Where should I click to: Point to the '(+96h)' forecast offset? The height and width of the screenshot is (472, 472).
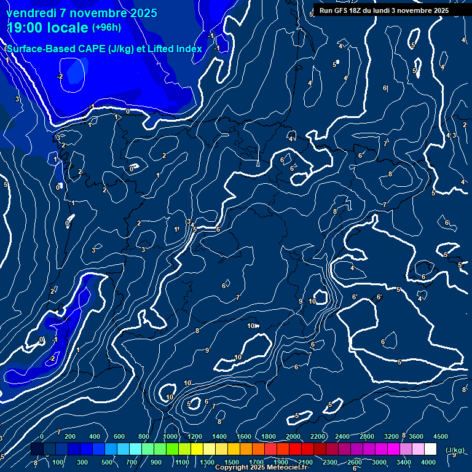(x=106, y=28)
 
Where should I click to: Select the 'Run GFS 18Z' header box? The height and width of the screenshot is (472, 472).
(x=383, y=10)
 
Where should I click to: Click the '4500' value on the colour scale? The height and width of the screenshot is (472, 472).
(x=440, y=436)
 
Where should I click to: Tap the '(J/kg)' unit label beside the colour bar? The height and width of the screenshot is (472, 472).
(x=455, y=450)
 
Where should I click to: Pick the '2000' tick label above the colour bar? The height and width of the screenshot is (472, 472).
(x=293, y=436)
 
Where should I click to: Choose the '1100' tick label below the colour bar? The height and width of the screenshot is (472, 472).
(x=182, y=462)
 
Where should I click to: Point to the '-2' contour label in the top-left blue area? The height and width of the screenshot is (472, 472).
(x=60, y=76)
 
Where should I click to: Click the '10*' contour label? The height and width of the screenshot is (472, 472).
(x=253, y=326)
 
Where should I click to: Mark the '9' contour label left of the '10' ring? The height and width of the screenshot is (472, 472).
(x=301, y=302)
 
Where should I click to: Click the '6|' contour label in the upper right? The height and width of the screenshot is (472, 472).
(x=385, y=88)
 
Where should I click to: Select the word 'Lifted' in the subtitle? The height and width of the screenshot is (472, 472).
(x=159, y=49)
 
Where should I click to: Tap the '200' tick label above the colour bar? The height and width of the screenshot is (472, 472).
(x=70, y=436)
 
